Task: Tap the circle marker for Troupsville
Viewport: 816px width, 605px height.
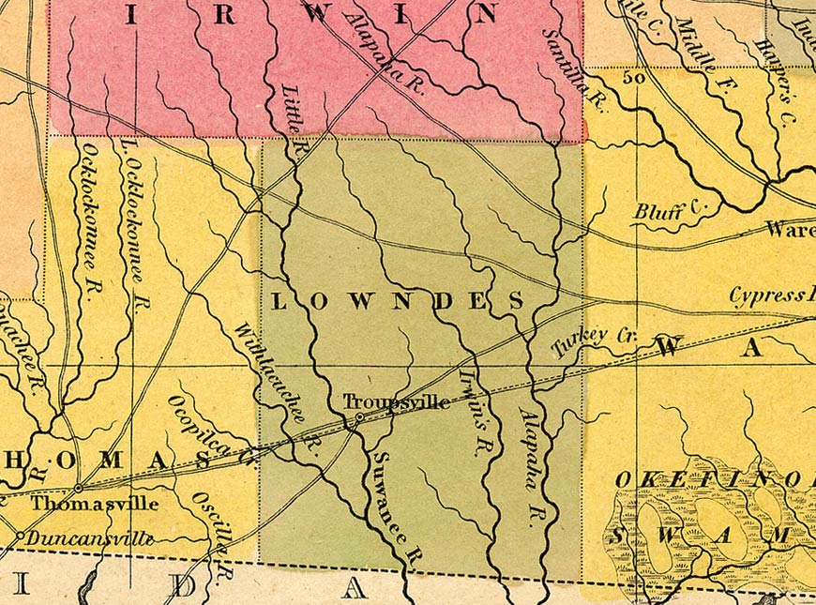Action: pos(359,417)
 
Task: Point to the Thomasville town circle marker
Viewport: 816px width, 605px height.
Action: pos(78,488)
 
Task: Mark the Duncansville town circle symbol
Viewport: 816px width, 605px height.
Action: pos(20,536)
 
